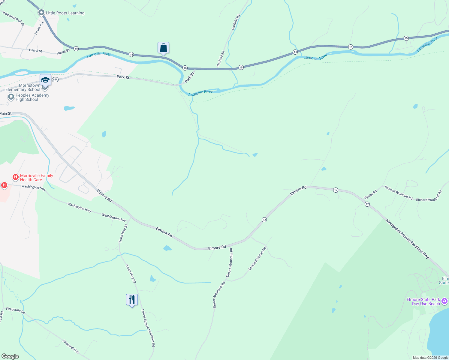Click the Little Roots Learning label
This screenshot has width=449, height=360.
point(65,13)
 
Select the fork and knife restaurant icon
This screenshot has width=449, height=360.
point(132,300)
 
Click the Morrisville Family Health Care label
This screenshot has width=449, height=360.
point(36,178)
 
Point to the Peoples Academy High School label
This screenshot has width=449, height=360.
point(32,97)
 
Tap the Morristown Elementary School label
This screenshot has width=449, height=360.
point(23,87)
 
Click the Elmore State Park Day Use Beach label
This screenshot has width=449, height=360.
point(423,301)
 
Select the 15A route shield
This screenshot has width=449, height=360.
point(55,79)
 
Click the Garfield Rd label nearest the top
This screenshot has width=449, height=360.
point(236,22)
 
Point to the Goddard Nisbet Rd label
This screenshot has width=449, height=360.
point(257,259)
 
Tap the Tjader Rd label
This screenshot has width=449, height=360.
point(370,194)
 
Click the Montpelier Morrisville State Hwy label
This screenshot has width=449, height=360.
point(407,239)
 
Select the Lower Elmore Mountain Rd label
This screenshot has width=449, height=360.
point(148,328)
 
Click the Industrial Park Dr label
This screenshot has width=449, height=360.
point(13,18)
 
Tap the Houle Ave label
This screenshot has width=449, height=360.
point(39,28)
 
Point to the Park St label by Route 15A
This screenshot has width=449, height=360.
point(123,77)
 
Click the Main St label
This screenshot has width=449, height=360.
point(6,113)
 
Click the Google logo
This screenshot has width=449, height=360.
point(10,356)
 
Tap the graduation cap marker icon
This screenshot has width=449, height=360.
point(45,80)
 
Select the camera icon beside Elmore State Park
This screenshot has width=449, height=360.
point(444,301)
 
